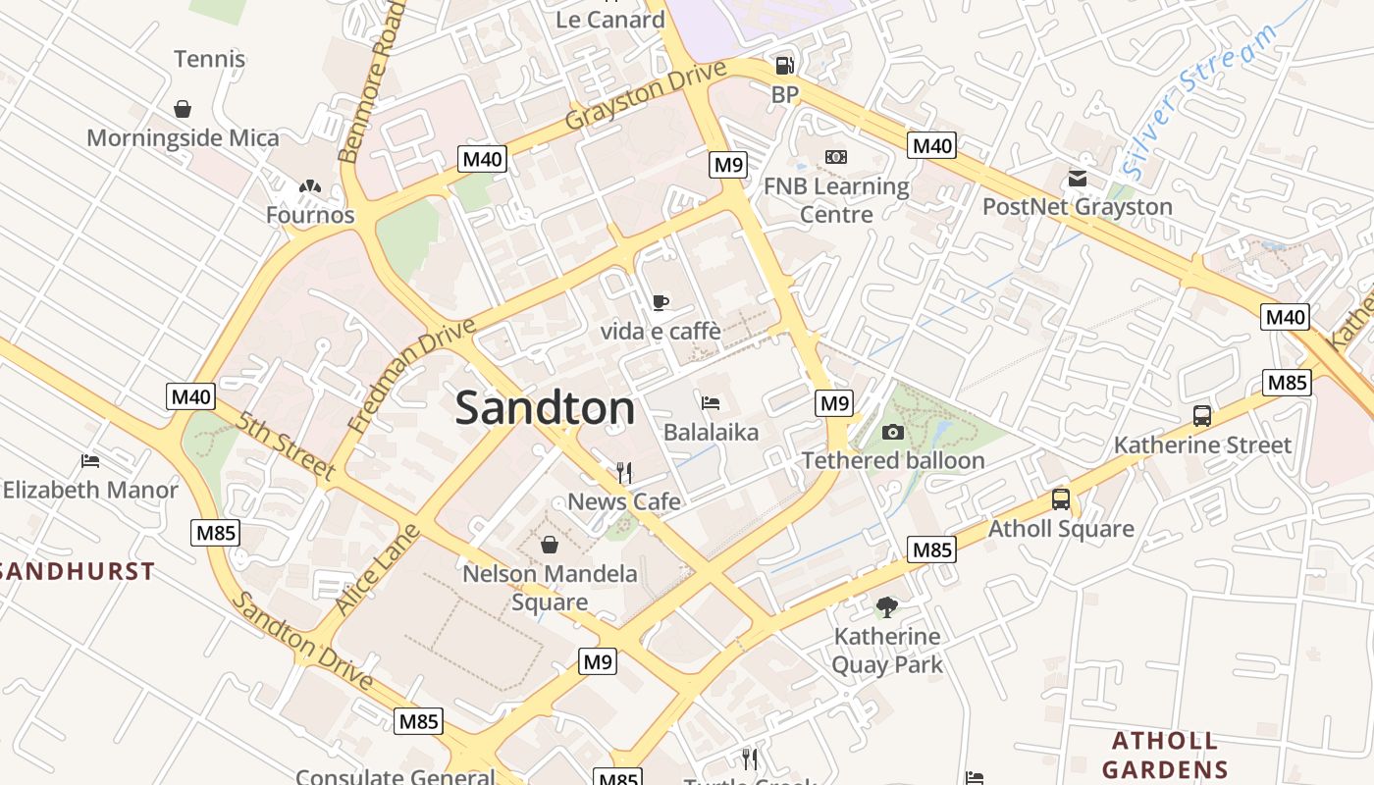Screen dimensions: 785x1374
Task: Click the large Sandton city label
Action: click(545, 408)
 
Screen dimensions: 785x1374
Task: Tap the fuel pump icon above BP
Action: click(784, 66)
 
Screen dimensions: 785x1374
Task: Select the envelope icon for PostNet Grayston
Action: click(1078, 179)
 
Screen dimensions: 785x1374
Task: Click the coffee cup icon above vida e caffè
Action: click(661, 302)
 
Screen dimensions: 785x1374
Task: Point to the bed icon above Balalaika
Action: click(711, 403)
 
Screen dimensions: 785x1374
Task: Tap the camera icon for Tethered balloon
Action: click(892, 432)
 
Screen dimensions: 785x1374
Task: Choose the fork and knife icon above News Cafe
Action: click(624, 473)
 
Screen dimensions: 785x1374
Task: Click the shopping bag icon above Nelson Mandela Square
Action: click(550, 544)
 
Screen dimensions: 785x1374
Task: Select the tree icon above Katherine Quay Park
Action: click(887, 607)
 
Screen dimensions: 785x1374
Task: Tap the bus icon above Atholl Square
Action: click(1061, 499)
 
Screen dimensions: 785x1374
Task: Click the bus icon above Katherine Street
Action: click(1202, 416)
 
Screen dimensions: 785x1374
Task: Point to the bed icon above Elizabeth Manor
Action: click(90, 460)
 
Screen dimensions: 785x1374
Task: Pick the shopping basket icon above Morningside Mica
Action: click(183, 109)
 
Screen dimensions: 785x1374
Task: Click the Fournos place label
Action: click(310, 214)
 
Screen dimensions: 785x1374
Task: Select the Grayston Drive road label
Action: click(646, 96)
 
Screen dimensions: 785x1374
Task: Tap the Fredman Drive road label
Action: click(411, 375)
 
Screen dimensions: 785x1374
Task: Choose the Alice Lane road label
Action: click(377, 570)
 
